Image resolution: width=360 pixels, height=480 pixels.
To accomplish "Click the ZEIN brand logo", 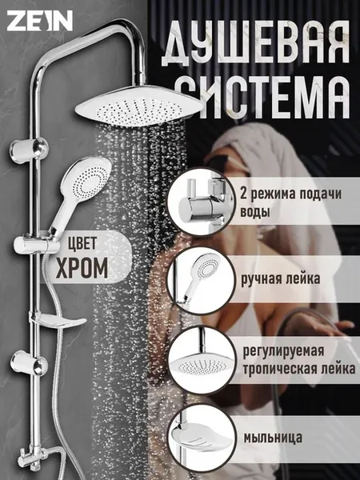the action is [x=40, y=21].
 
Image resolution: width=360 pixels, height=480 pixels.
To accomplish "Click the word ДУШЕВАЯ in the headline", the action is [x=255, y=43].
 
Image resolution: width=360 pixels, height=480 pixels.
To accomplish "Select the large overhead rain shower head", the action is [x=139, y=106].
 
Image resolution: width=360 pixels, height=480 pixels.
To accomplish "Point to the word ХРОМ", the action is [x=82, y=268].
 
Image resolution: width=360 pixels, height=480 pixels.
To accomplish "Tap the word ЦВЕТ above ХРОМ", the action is [x=82, y=243].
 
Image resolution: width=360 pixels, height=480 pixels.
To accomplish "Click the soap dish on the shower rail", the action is [x=58, y=321].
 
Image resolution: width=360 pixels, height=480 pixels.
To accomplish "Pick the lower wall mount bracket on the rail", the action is [x=29, y=363].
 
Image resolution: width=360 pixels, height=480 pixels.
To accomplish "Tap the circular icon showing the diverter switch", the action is [x=202, y=201].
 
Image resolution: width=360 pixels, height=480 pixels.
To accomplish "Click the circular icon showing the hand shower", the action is [x=202, y=281].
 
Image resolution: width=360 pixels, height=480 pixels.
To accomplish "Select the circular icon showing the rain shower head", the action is [x=202, y=361].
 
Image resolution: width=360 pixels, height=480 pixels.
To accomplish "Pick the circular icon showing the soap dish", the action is [x=202, y=438].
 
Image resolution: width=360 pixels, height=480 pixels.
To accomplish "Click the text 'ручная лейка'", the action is [x=281, y=279].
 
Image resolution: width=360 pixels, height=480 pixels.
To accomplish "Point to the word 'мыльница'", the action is [x=273, y=437].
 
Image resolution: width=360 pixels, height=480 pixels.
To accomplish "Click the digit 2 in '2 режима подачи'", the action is [x=244, y=194].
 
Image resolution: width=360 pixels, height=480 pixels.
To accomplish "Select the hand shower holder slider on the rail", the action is [x=36, y=245].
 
